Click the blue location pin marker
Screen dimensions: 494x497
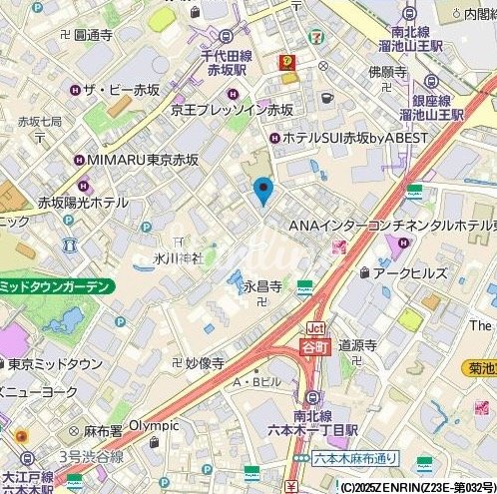tap(263, 189)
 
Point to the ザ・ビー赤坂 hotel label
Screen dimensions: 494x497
tap(122, 91)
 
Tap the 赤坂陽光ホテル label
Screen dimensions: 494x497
tap(84, 203)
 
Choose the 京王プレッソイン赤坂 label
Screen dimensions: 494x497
tap(232, 110)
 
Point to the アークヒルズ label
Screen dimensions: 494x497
tap(408, 271)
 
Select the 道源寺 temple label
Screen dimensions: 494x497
tap(356, 345)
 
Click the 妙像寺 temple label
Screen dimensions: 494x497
tap(204, 364)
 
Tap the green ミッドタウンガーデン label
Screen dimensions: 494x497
tap(56, 286)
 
